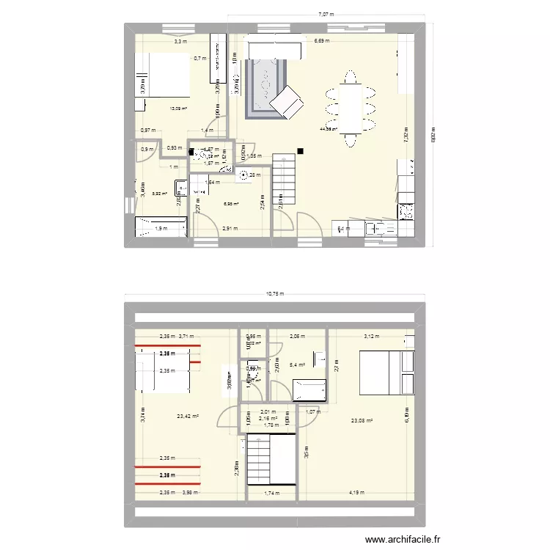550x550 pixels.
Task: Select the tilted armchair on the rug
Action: [x=287, y=101]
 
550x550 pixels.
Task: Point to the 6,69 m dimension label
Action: [x=322, y=41]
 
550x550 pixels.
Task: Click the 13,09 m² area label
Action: [x=178, y=109]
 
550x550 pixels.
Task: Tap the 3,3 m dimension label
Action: [x=180, y=42]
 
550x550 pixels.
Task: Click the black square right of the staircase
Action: [x=301, y=153]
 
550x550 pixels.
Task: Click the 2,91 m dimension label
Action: [x=230, y=228]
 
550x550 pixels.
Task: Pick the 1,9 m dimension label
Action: [x=161, y=228]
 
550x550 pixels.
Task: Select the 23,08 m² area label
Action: [x=362, y=420]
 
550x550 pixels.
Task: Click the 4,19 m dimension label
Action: [x=356, y=493]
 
